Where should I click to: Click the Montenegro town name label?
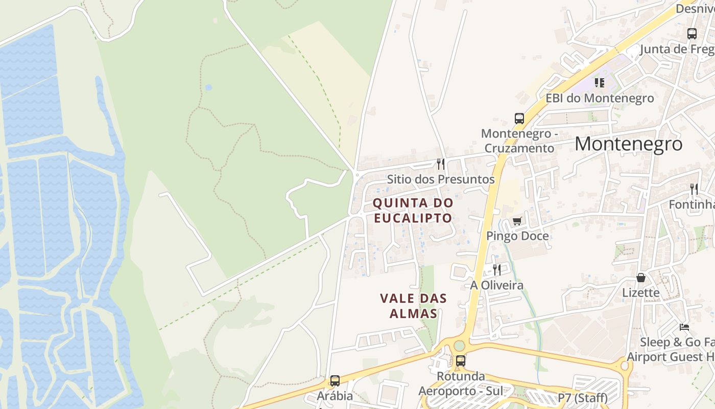[x=628, y=144]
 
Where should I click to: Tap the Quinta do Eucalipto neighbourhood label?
[x=413, y=210]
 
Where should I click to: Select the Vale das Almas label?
[x=413, y=306]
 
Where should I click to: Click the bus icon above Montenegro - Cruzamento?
[x=519, y=119]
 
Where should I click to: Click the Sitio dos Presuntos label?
[x=441, y=179]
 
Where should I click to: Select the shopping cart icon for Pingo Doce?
[x=517, y=221]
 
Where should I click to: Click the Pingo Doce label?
[x=517, y=236]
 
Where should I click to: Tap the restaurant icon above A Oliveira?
[x=496, y=269]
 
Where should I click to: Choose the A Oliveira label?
[x=496, y=285]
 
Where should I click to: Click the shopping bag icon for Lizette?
[x=641, y=278]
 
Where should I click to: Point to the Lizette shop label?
[x=641, y=293]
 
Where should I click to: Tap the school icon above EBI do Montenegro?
[x=600, y=82]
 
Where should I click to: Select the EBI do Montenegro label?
[x=600, y=98]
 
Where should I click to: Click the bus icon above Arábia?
[x=335, y=381]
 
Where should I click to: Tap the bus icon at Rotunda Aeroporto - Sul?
[x=461, y=360]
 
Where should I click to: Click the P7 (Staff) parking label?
[x=582, y=398]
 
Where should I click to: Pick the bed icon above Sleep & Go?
[x=684, y=327]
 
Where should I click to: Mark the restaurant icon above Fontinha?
[x=694, y=189]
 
